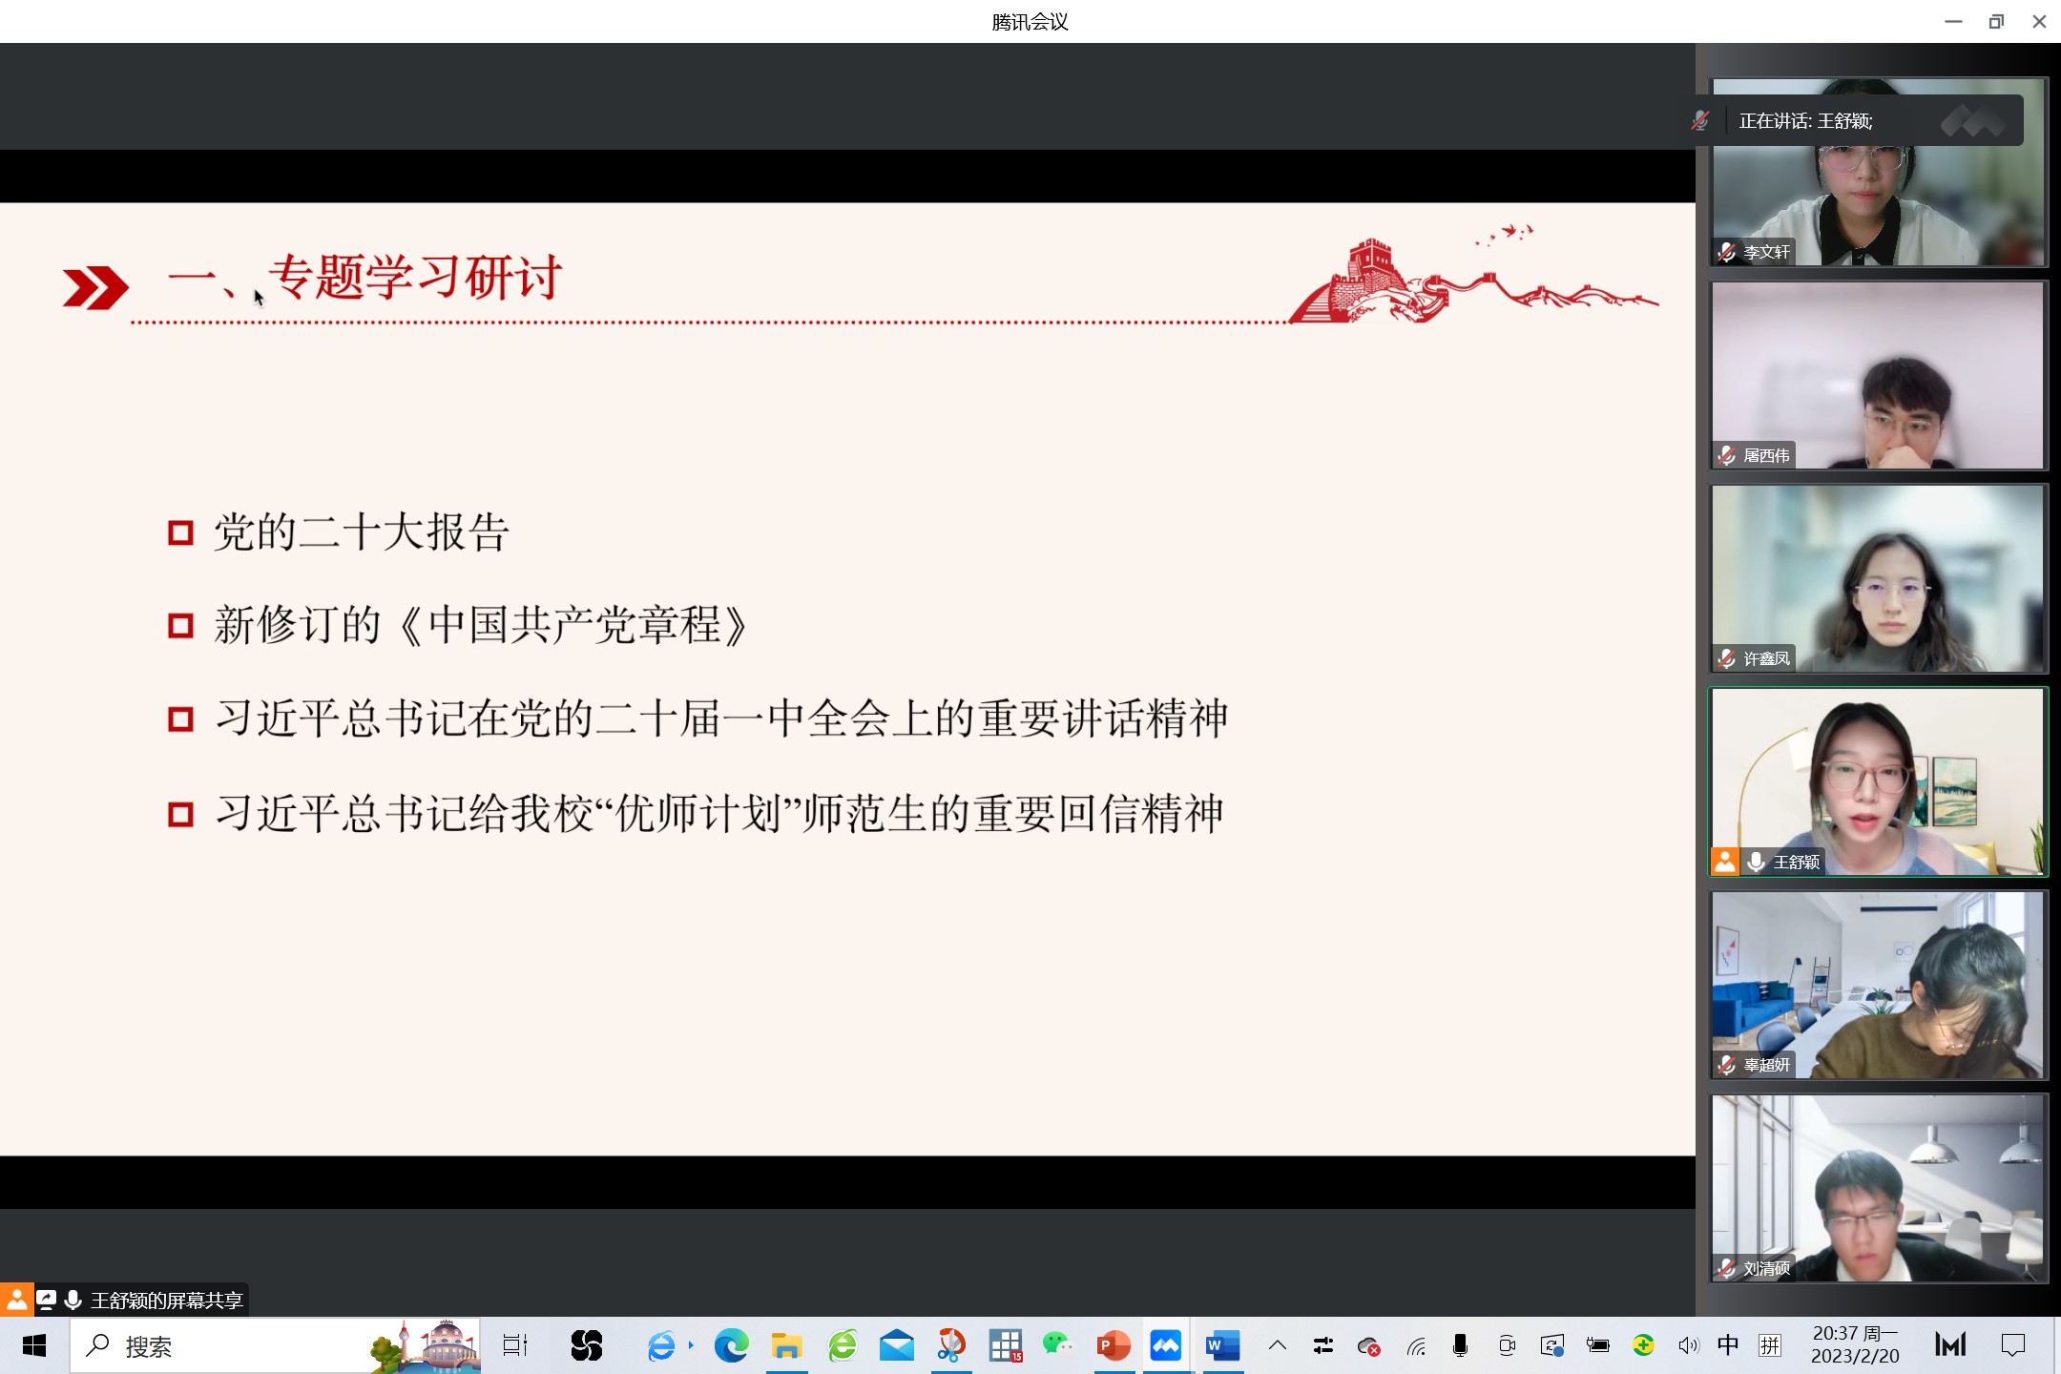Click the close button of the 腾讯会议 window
(2039, 21)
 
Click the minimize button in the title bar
(1953, 21)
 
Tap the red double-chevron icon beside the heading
(95, 288)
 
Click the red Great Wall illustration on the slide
(1473, 276)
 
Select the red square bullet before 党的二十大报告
(180, 532)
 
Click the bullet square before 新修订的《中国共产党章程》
(180, 626)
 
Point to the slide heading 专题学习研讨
(415, 278)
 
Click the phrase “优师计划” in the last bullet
(702, 814)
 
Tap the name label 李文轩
(1766, 252)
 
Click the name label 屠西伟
(1766, 455)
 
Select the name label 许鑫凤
(1766, 658)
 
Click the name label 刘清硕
(1766, 1268)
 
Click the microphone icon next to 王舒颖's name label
(1756, 862)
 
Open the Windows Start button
(34, 1346)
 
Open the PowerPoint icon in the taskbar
(1114, 1346)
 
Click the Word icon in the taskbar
(1222, 1346)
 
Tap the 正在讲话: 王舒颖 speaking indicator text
(1805, 121)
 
